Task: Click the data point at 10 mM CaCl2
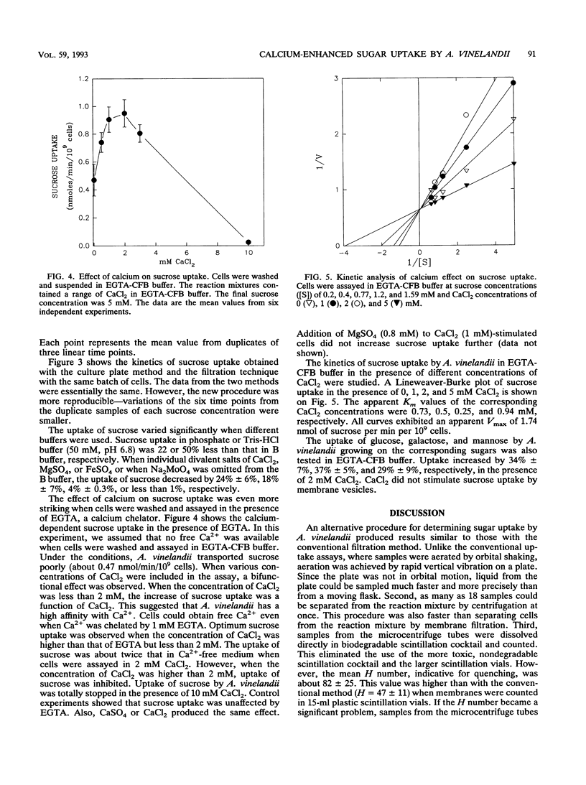tap(248, 242)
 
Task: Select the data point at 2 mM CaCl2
tap(124, 113)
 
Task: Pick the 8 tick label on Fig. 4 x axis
tap(218, 255)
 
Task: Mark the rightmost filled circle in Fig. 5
tap(513, 83)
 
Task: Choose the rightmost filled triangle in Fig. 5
tap(513, 164)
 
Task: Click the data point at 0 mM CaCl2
tap(93, 180)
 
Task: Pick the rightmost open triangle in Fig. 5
tap(513, 119)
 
